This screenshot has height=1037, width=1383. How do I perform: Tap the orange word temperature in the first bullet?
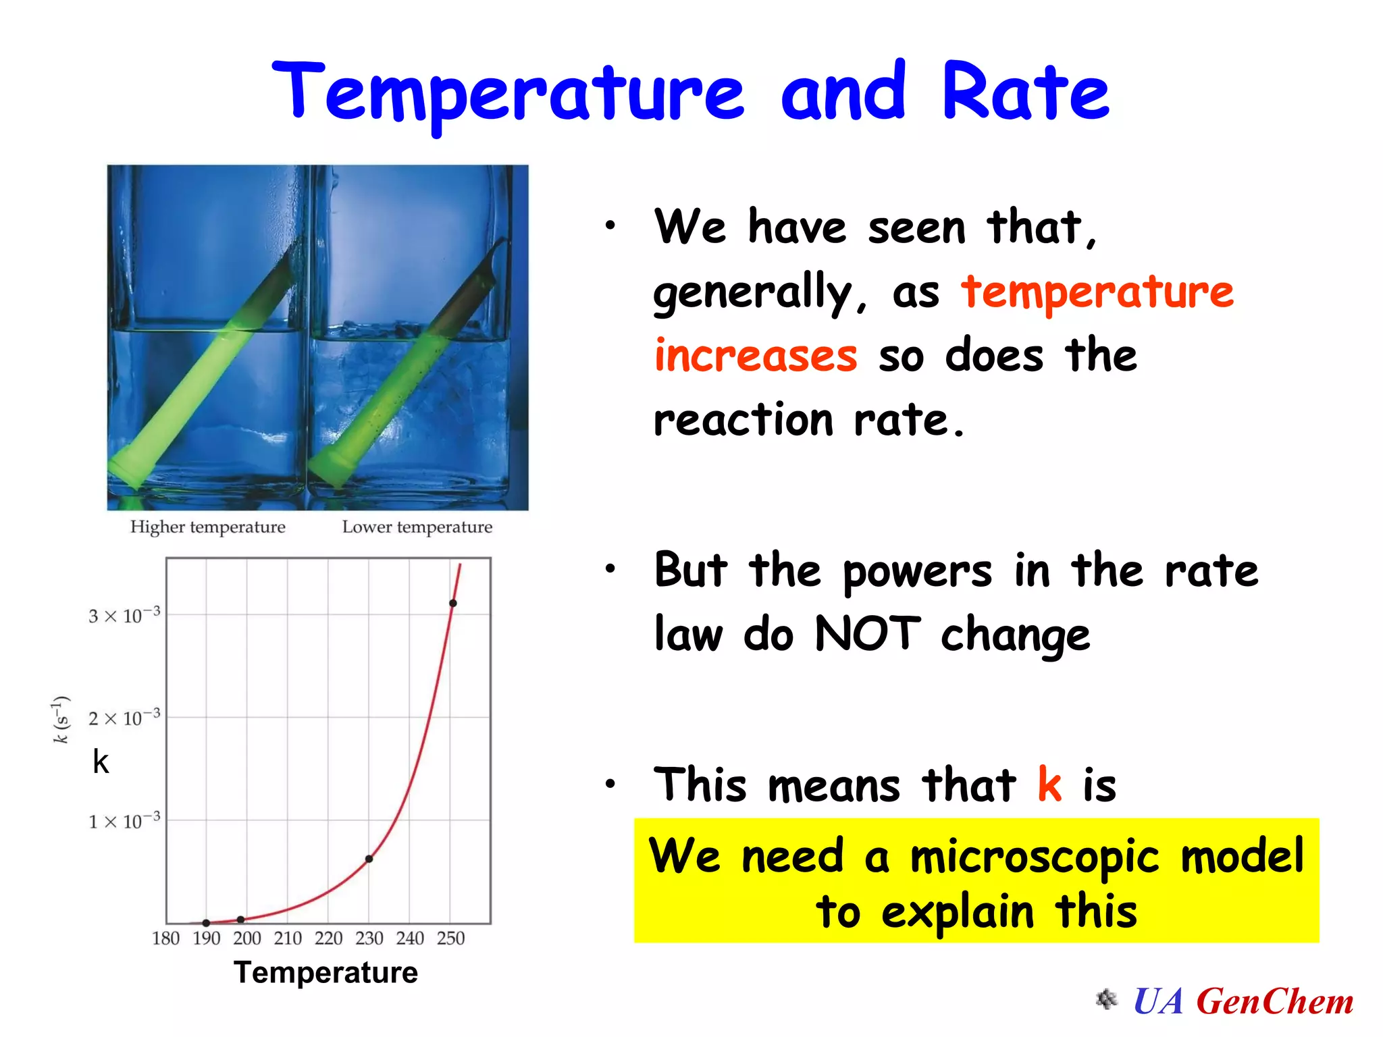point(1097,292)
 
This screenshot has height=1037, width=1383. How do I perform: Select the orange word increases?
point(756,356)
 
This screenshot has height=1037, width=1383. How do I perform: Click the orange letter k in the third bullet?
point(1049,785)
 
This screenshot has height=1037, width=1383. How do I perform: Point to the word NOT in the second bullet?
point(867,634)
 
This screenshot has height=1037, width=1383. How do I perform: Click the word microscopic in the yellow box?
point(1034,856)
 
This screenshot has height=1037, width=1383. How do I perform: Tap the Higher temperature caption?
point(207,527)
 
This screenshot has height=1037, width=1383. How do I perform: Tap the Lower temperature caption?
point(417,527)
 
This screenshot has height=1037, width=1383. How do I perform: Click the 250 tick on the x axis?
point(450,938)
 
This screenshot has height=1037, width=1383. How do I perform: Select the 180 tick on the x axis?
point(165,938)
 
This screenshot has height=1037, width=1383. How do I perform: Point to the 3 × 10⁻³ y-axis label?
point(124,615)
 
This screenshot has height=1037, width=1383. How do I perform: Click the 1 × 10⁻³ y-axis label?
point(124,821)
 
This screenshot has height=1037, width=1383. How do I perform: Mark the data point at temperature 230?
point(369,859)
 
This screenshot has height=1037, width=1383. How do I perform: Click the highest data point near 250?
point(452,603)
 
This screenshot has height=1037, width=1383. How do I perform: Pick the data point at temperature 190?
point(206,923)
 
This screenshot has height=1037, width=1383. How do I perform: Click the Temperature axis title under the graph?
point(325,972)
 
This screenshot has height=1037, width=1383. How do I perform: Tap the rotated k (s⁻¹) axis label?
point(61,719)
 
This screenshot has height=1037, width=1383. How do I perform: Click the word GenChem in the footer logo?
point(1275,1001)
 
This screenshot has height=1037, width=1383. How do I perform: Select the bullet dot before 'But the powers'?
point(610,569)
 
